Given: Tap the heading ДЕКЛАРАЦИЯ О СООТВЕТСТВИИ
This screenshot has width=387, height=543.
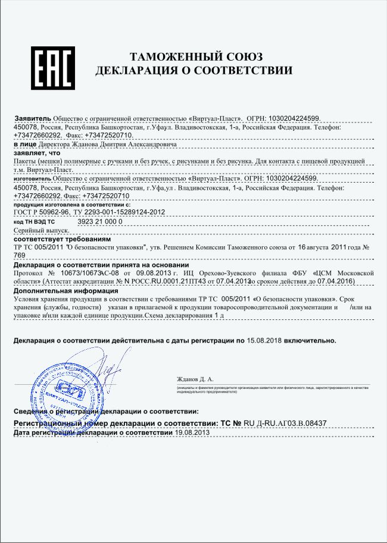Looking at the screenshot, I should pyautogui.click(x=194, y=71).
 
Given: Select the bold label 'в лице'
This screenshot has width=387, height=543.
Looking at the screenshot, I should pyautogui.click(x=25, y=144).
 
